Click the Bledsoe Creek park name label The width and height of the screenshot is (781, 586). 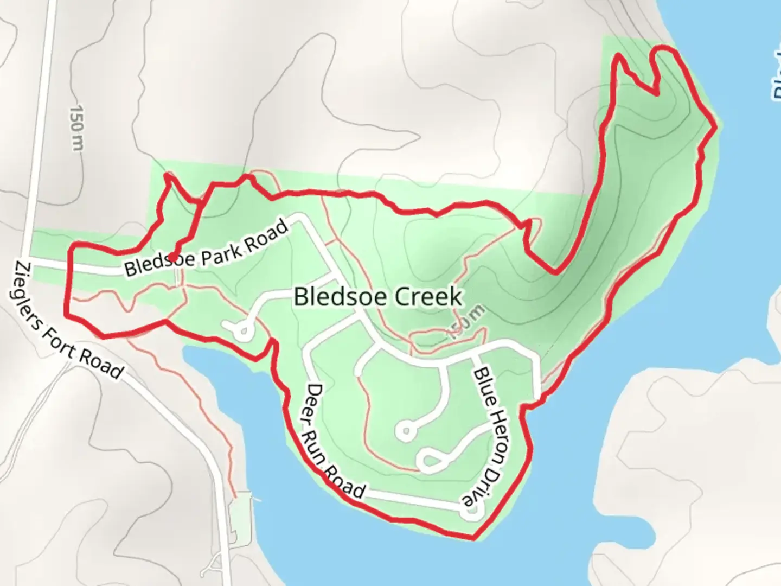coord(378,297)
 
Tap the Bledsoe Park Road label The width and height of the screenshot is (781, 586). coord(206,249)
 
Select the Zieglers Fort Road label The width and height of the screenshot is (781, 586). coord(68,320)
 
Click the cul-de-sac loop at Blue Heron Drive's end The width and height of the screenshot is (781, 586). coord(472,511)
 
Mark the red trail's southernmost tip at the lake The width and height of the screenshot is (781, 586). coord(473,538)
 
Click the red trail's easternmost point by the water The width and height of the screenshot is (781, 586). coord(715,126)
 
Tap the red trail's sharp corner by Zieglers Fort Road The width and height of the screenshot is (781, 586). coord(66,314)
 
